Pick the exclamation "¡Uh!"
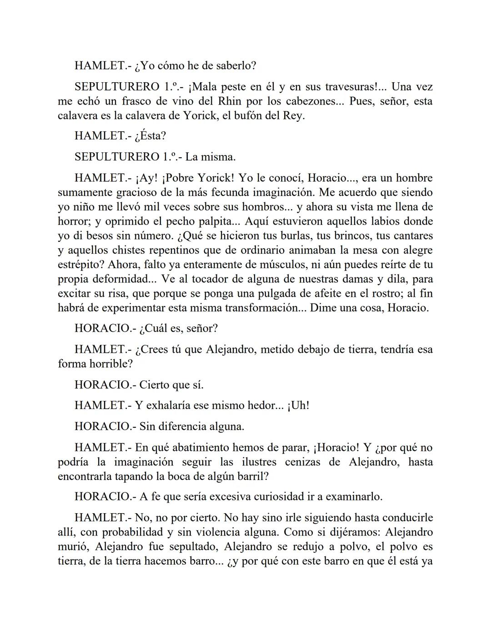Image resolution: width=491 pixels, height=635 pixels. (298, 405)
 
